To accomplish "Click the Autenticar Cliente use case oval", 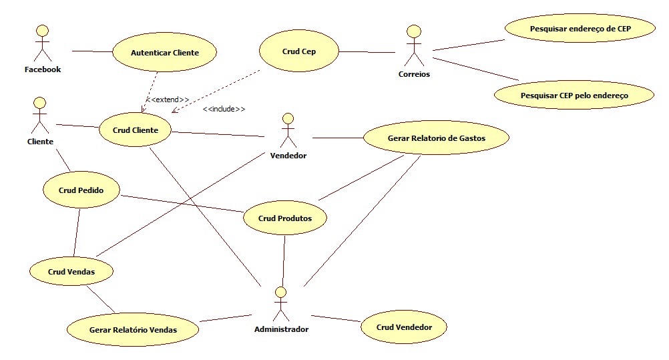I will pyautogui.click(x=164, y=52).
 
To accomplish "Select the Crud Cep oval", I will pyautogui.click(x=298, y=51).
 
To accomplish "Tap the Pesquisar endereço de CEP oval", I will pyautogui.click(x=580, y=29).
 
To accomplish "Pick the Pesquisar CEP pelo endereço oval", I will pyautogui.click(x=574, y=96).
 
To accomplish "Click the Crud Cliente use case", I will pyautogui.click(x=136, y=130).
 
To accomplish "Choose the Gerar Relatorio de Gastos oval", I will pyautogui.click(x=436, y=138).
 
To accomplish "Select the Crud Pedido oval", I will pyautogui.click(x=80, y=190).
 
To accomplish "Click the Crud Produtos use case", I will pyautogui.click(x=286, y=218).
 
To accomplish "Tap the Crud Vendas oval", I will pyautogui.click(x=71, y=272).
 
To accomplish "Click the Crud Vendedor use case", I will pyautogui.click(x=403, y=327).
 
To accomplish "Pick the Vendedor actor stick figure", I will pyautogui.click(x=288, y=131).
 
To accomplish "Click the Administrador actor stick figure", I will pyautogui.click(x=281, y=305).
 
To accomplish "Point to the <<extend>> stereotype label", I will pyautogui.click(x=168, y=100).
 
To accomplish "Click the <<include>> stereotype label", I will pyautogui.click(x=224, y=109).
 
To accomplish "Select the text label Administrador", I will pyautogui.click(x=281, y=329).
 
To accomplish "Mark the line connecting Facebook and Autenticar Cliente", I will pyautogui.click(x=91, y=51).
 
